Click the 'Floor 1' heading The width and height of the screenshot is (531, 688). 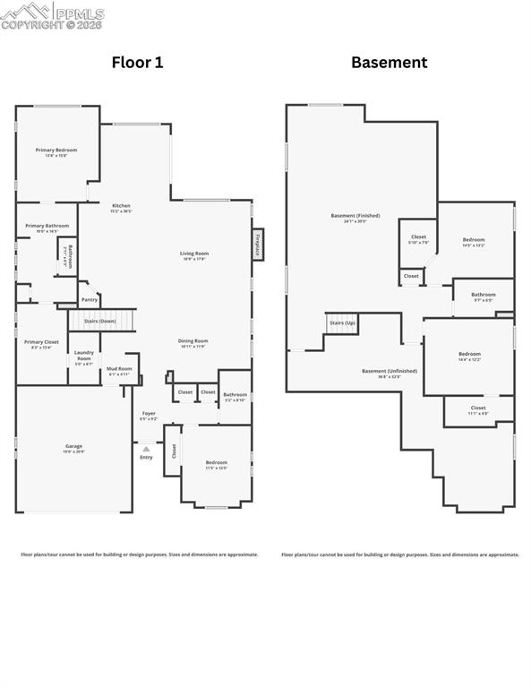(137, 62)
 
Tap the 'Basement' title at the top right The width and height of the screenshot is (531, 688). (389, 62)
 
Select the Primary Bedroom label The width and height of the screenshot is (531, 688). (56, 150)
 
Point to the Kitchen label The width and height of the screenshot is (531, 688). (121, 206)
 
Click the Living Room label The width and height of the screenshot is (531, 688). (194, 254)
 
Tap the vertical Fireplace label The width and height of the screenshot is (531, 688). (257, 244)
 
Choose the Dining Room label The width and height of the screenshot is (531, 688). (193, 340)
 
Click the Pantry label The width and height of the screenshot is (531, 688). (89, 299)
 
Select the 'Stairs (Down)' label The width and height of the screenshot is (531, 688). (99, 321)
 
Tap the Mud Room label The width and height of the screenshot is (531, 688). (119, 369)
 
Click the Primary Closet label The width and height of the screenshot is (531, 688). (41, 342)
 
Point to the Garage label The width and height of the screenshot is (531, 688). (73, 445)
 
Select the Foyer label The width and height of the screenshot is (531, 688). (149, 414)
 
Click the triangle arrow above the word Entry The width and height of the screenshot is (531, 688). (146, 448)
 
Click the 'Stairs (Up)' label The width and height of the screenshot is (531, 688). (341, 322)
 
